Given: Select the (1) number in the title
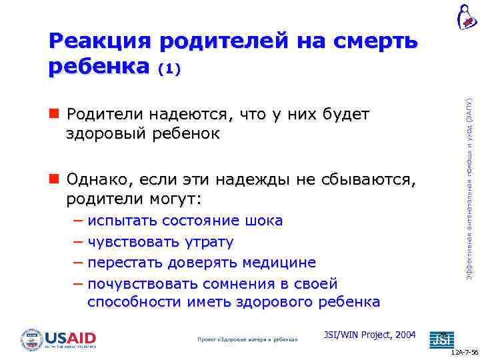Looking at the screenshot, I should pyautogui.click(x=169, y=68).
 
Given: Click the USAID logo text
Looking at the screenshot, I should pyautogui.click(x=70, y=337).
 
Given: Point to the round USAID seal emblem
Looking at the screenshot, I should pyautogui.click(x=31, y=339).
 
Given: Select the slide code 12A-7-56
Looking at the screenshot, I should pyautogui.click(x=464, y=354).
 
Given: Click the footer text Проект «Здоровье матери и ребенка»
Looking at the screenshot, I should pyautogui.click(x=247, y=339).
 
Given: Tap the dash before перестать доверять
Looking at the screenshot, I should pyautogui.click(x=79, y=263).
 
